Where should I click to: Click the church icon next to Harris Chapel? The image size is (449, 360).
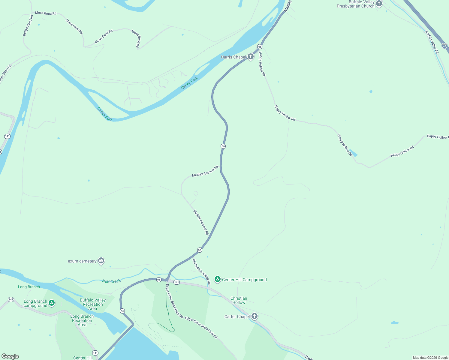[251, 56]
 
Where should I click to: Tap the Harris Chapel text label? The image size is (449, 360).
[233, 57]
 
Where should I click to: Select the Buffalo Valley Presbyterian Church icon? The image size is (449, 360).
[379, 4]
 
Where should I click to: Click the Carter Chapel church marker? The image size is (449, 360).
[254, 316]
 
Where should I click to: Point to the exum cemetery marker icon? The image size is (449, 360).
[101, 260]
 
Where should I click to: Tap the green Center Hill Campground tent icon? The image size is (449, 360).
[218, 279]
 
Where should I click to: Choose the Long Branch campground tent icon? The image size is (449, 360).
[52, 303]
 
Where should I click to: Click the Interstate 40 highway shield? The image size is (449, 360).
[444, 46]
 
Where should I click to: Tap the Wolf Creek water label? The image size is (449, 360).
[111, 281]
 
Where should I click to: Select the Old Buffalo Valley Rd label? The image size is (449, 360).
[201, 272]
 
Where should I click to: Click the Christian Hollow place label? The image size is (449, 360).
[239, 300]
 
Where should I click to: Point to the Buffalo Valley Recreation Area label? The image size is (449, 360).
[93, 304]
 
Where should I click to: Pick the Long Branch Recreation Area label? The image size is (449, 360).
[82, 320]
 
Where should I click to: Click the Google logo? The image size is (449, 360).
[10, 356]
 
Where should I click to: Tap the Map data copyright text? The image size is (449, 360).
[430, 358]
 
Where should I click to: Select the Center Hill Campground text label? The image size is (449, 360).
[244, 280]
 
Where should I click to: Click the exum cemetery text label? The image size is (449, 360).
[82, 261]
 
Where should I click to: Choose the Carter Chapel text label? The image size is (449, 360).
[237, 316]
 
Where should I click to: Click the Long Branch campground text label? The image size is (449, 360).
[35, 303]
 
